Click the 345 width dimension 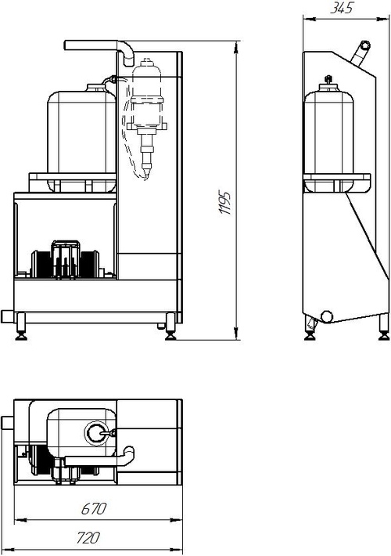click(342, 8)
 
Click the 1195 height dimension click(225, 203)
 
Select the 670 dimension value click(94, 509)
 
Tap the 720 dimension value click(88, 537)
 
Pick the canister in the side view click(328, 136)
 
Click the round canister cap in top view click(96, 432)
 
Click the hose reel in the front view click(66, 261)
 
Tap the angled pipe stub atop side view click(361, 53)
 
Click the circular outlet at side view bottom click(326, 316)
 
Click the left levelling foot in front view click(21, 327)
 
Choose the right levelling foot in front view click(170, 327)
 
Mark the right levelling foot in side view click(383, 327)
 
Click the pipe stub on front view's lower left click(8, 316)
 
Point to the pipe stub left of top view click(8, 424)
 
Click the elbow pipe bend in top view click(127, 454)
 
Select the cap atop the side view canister click(328, 81)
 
